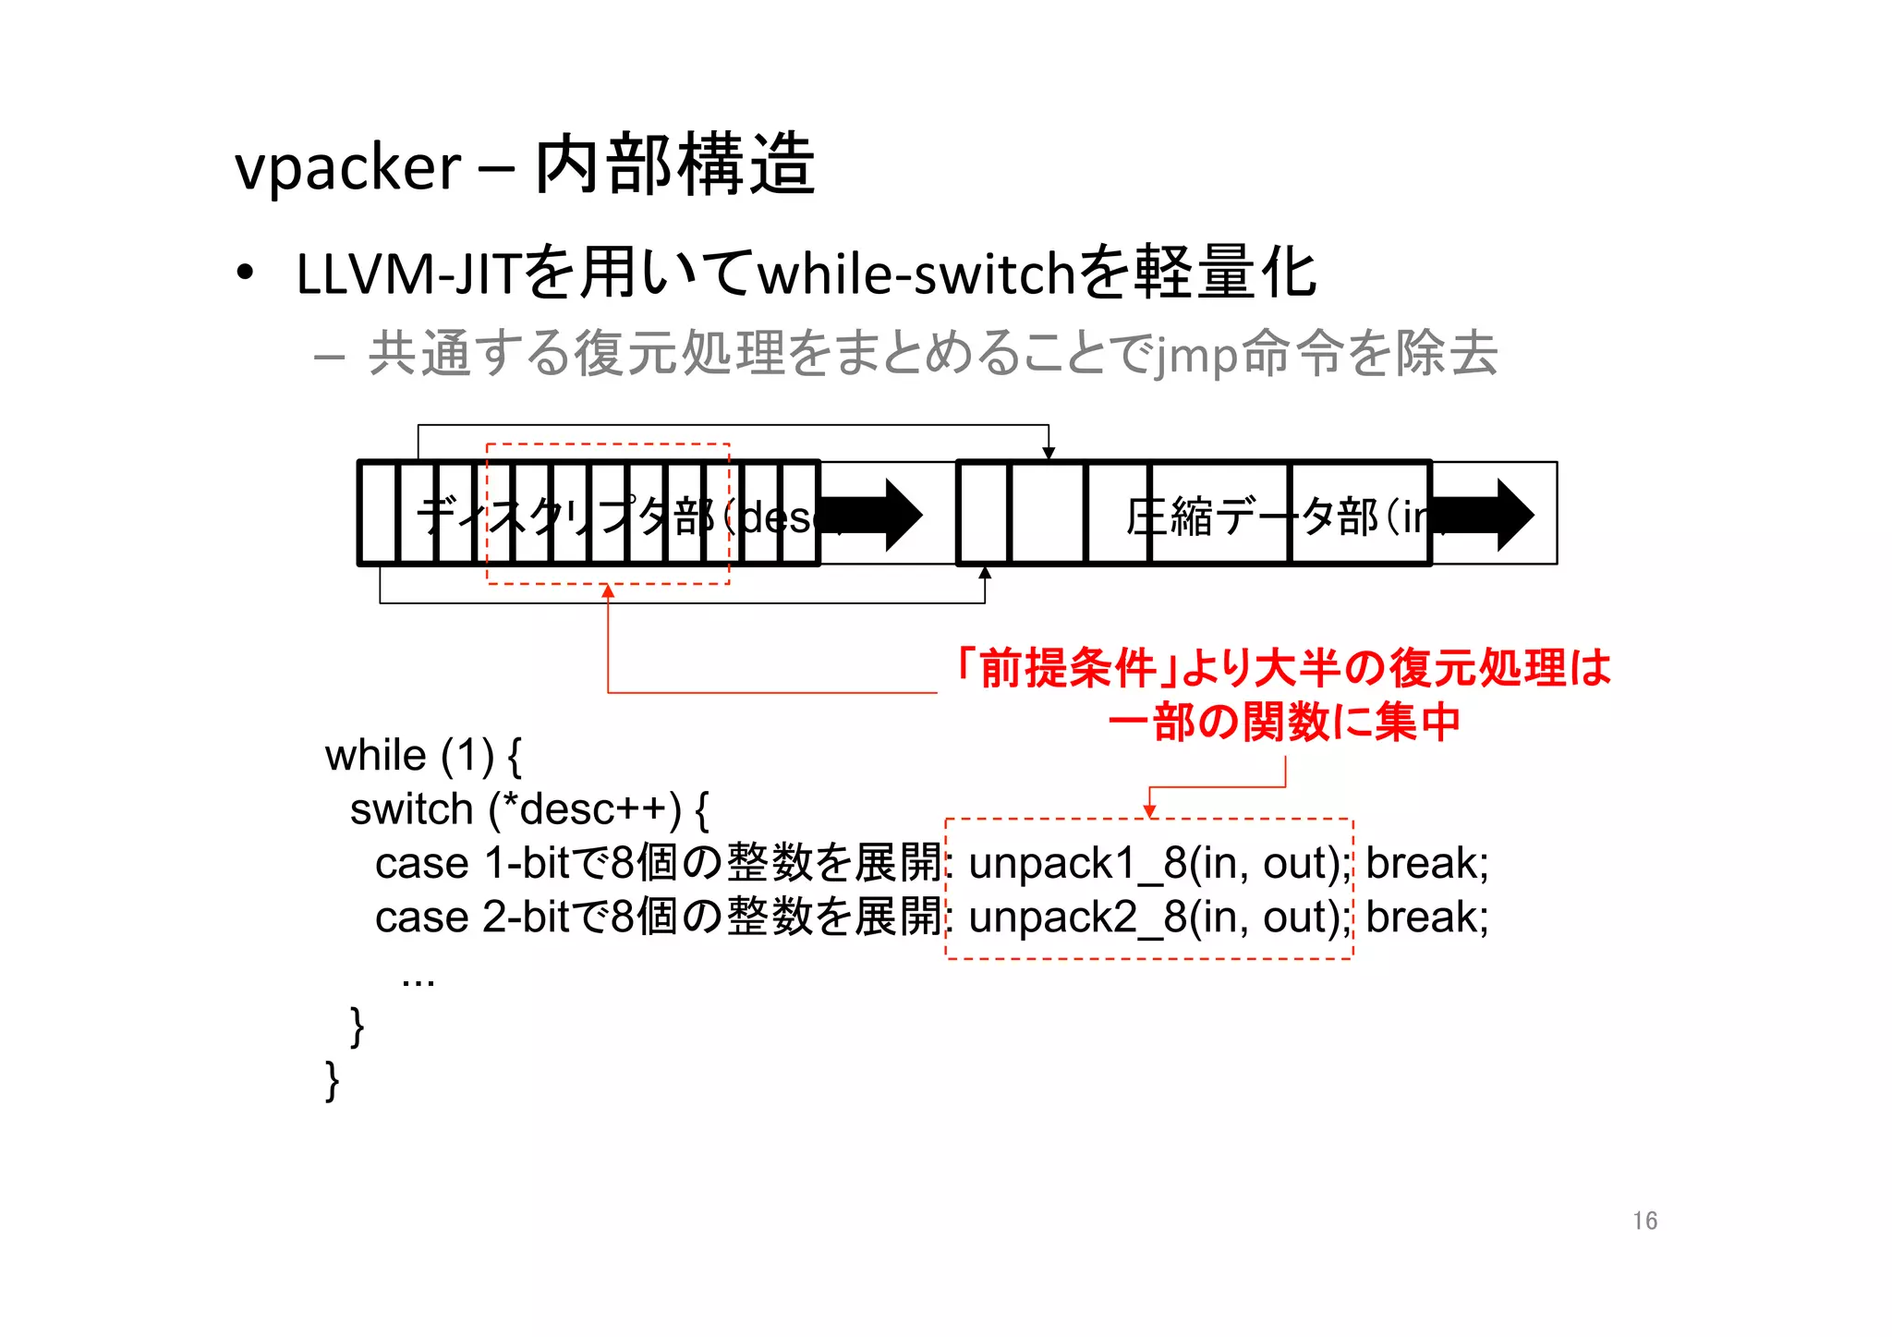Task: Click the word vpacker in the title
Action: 347,169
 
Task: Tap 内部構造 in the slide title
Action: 674,165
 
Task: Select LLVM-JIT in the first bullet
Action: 407,274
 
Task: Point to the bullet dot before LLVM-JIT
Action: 245,273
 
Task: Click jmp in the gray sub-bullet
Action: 1195,356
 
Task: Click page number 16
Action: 1644,1221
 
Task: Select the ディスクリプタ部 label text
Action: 564,517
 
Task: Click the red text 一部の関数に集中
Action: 1284,722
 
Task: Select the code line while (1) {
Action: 423,756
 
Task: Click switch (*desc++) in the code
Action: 528,810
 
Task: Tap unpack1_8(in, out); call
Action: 1158,864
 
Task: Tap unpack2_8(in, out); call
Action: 1158,918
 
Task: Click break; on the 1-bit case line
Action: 1426,864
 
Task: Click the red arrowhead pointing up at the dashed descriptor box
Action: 608,591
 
